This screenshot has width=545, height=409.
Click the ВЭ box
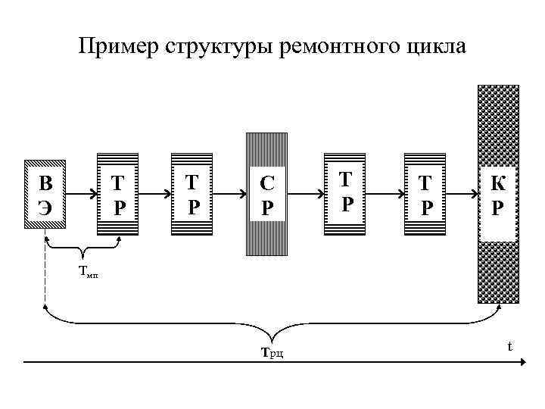(x=45, y=195)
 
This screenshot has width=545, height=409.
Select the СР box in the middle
(x=267, y=195)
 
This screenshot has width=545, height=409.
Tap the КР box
(x=497, y=195)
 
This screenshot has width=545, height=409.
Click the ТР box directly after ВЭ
(x=118, y=195)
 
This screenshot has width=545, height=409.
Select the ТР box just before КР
(x=426, y=195)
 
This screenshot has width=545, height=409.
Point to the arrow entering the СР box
(x=228, y=195)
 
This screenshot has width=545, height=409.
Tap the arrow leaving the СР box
(x=306, y=195)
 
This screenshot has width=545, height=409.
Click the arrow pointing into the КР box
(x=462, y=195)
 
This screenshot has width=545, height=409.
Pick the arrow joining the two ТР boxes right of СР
(x=386, y=195)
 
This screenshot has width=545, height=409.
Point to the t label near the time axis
(x=509, y=346)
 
